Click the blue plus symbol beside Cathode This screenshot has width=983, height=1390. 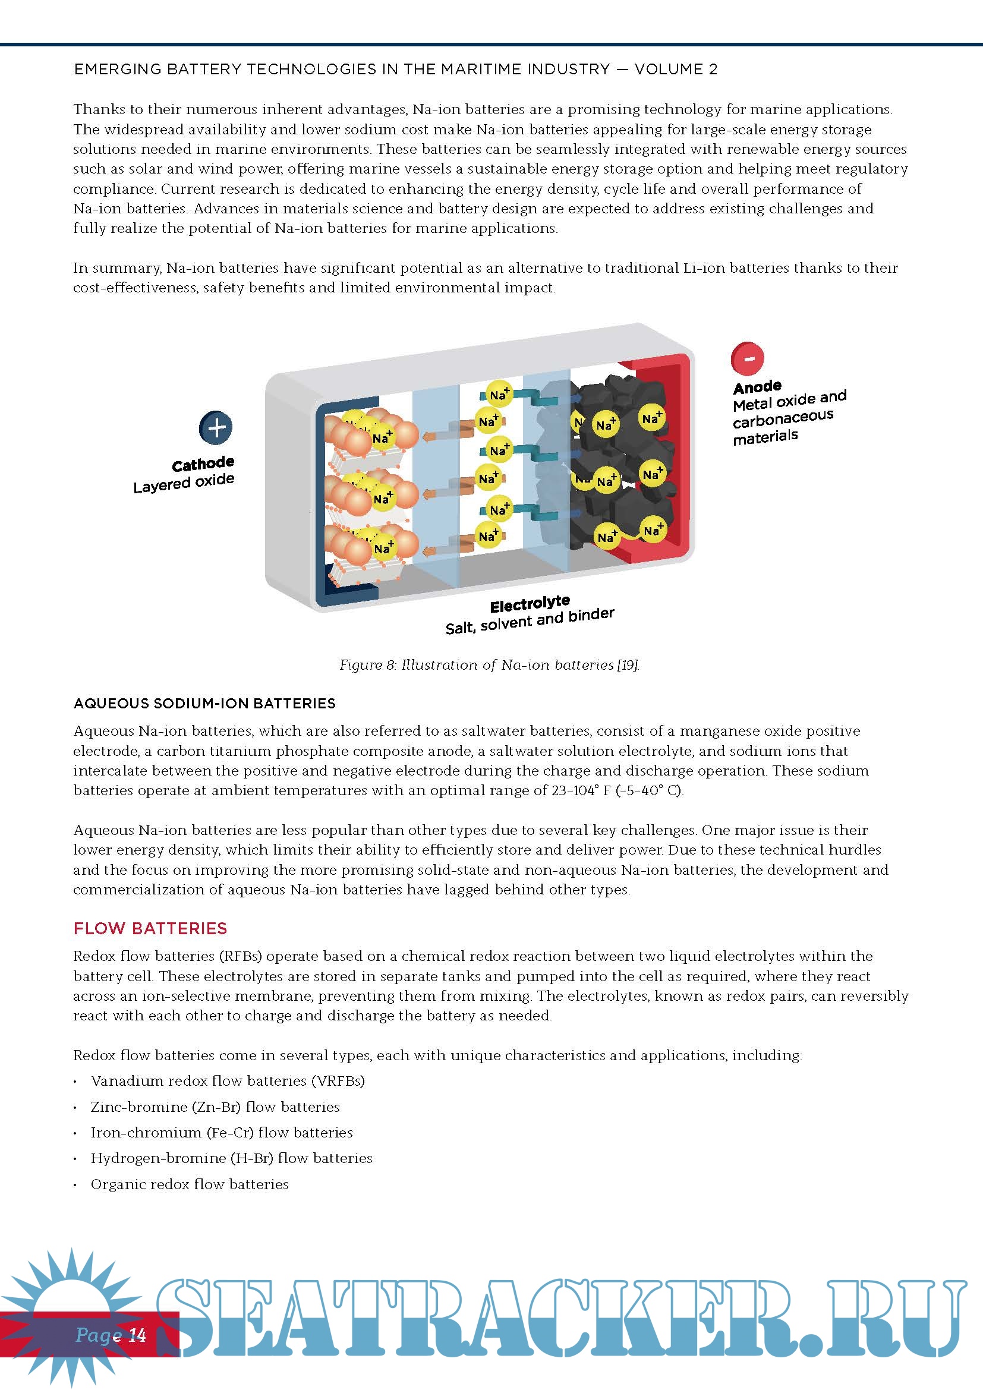pyautogui.click(x=216, y=427)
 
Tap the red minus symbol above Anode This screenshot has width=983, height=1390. pyautogui.click(x=748, y=358)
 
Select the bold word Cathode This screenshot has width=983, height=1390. pyautogui.click(x=203, y=464)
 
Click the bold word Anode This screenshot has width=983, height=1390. pyautogui.click(x=757, y=387)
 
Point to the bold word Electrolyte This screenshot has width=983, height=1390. pyautogui.click(x=530, y=604)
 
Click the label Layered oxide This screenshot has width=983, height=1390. pyautogui.click(x=184, y=483)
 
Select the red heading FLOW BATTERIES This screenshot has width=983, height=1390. pyautogui.click(x=150, y=928)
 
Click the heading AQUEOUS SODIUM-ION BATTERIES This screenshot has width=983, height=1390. pyautogui.click(x=204, y=703)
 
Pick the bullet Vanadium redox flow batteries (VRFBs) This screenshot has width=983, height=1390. pyautogui.click(x=228, y=1080)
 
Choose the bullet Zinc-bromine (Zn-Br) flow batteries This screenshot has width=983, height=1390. pyautogui.click(x=215, y=1107)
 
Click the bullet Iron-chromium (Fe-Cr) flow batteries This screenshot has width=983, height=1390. pyautogui.click(x=222, y=1132)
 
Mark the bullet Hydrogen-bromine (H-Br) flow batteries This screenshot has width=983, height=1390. pyautogui.click(x=231, y=1158)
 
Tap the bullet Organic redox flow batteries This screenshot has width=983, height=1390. pyautogui.click(x=190, y=1184)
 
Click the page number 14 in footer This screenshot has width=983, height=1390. pyautogui.click(x=138, y=1334)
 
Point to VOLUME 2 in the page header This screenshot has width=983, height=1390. pyautogui.click(x=676, y=70)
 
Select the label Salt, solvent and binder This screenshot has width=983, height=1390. pyautogui.click(x=530, y=622)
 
